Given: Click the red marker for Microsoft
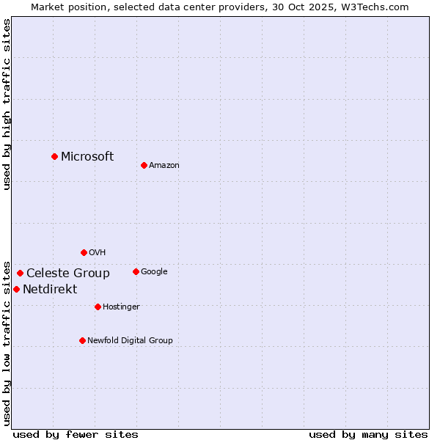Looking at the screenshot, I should (x=54, y=156).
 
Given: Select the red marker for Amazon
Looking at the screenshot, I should (x=144, y=165).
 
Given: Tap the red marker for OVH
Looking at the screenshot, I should (x=84, y=252).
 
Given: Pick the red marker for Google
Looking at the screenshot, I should (x=136, y=271).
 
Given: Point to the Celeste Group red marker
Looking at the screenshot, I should (x=20, y=273).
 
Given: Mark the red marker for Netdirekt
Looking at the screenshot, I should (x=16, y=289).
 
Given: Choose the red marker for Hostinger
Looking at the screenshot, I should (x=98, y=307).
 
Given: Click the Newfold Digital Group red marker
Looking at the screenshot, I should (x=82, y=340).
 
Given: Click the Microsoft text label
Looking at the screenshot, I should (x=87, y=156).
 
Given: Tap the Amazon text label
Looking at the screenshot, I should (x=164, y=165).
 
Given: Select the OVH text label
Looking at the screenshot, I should (x=98, y=252).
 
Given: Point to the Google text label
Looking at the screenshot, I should (x=154, y=271).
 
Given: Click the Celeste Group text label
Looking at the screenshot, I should (x=68, y=273).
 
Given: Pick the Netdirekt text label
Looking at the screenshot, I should (x=50, y=289).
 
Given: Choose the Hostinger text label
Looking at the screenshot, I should (x=121, y=307).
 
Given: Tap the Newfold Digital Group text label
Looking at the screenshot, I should (x=130, y=340).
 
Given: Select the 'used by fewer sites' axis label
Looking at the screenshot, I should (x=76, y=434).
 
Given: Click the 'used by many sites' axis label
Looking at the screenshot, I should (x=368, y=434).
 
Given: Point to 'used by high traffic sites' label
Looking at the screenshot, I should (x=7, y=104).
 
